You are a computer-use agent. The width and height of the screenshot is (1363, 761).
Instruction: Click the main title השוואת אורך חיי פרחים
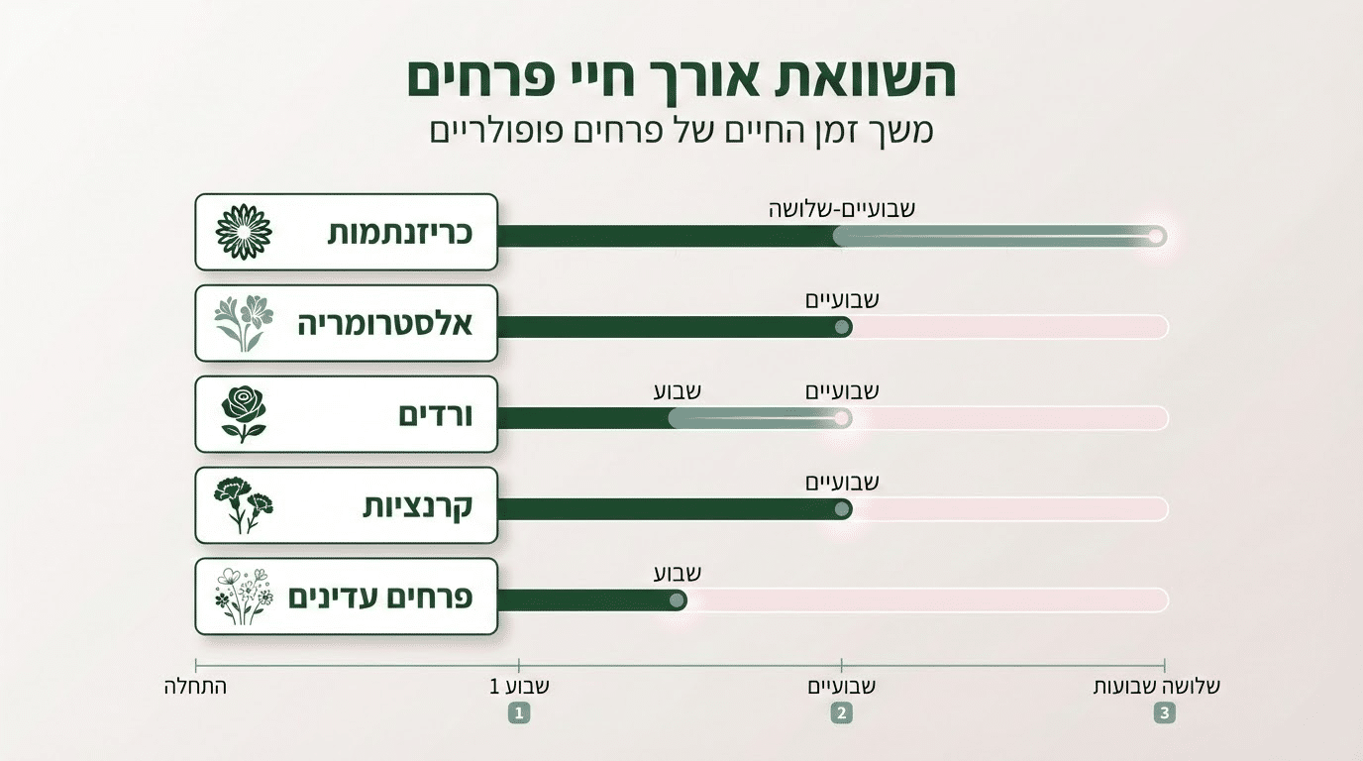click(681, 79)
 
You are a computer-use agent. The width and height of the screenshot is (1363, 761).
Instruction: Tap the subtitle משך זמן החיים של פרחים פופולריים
click(681, 132)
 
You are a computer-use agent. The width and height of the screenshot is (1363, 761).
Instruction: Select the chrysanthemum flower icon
click(244, 233)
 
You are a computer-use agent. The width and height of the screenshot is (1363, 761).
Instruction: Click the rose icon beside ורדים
click(244, 414)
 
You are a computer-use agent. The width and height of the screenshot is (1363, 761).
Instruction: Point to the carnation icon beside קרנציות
click(244, 505)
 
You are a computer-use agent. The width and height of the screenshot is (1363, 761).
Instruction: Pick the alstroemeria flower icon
click(244, 324)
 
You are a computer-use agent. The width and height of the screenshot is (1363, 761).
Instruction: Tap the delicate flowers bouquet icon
click(243, 597)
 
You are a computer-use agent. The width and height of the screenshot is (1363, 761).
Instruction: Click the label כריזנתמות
click(400, 234)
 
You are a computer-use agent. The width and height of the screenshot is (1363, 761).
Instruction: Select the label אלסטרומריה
click(385, 324)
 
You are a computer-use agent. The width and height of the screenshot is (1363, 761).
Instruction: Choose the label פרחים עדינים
click(380, 598)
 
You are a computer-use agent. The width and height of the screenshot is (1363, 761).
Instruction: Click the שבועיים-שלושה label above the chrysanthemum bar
click(842, 209)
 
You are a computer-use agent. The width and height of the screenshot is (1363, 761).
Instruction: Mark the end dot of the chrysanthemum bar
click(1155, 236)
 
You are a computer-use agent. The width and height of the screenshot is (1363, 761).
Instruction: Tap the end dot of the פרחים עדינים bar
click(677, 599)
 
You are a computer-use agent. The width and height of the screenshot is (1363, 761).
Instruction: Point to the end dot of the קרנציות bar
click(842, 508)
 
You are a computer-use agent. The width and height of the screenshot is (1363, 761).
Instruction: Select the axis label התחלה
click(195, 686)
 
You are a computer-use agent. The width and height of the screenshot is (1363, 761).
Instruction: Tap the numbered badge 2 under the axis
click(842, 712)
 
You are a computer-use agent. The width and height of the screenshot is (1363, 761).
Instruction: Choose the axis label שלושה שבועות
click(1157, 686)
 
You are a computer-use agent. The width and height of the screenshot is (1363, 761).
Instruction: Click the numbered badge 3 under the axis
click(1164, 712)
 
